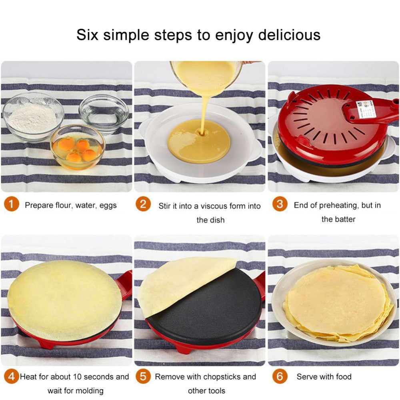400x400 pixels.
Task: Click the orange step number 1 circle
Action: coord(12,205)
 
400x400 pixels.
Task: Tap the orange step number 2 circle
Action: coord(143,204)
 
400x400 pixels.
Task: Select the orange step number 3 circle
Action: coord(280,204)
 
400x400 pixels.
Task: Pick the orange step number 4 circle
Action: coord(12,376)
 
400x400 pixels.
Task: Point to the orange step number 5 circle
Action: coord(143,376)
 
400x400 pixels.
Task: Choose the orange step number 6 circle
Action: coord(280,376)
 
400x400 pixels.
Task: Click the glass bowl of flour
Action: coord(33,116)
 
